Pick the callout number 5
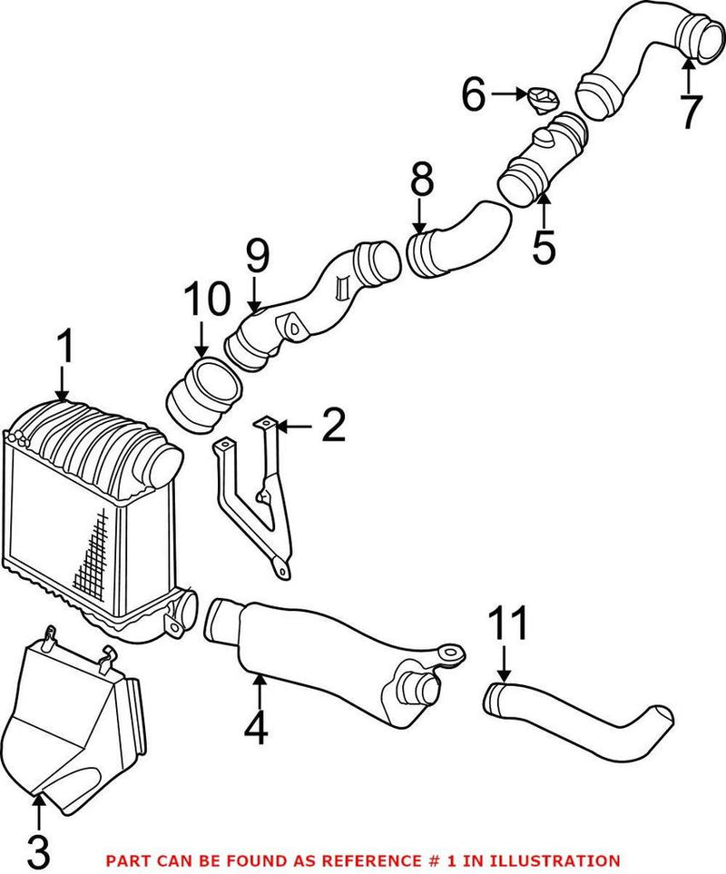(x=544, y=246)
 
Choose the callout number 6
(x=475, y=94)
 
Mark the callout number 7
(x=690, y=112)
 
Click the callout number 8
(x=421, y=182)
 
